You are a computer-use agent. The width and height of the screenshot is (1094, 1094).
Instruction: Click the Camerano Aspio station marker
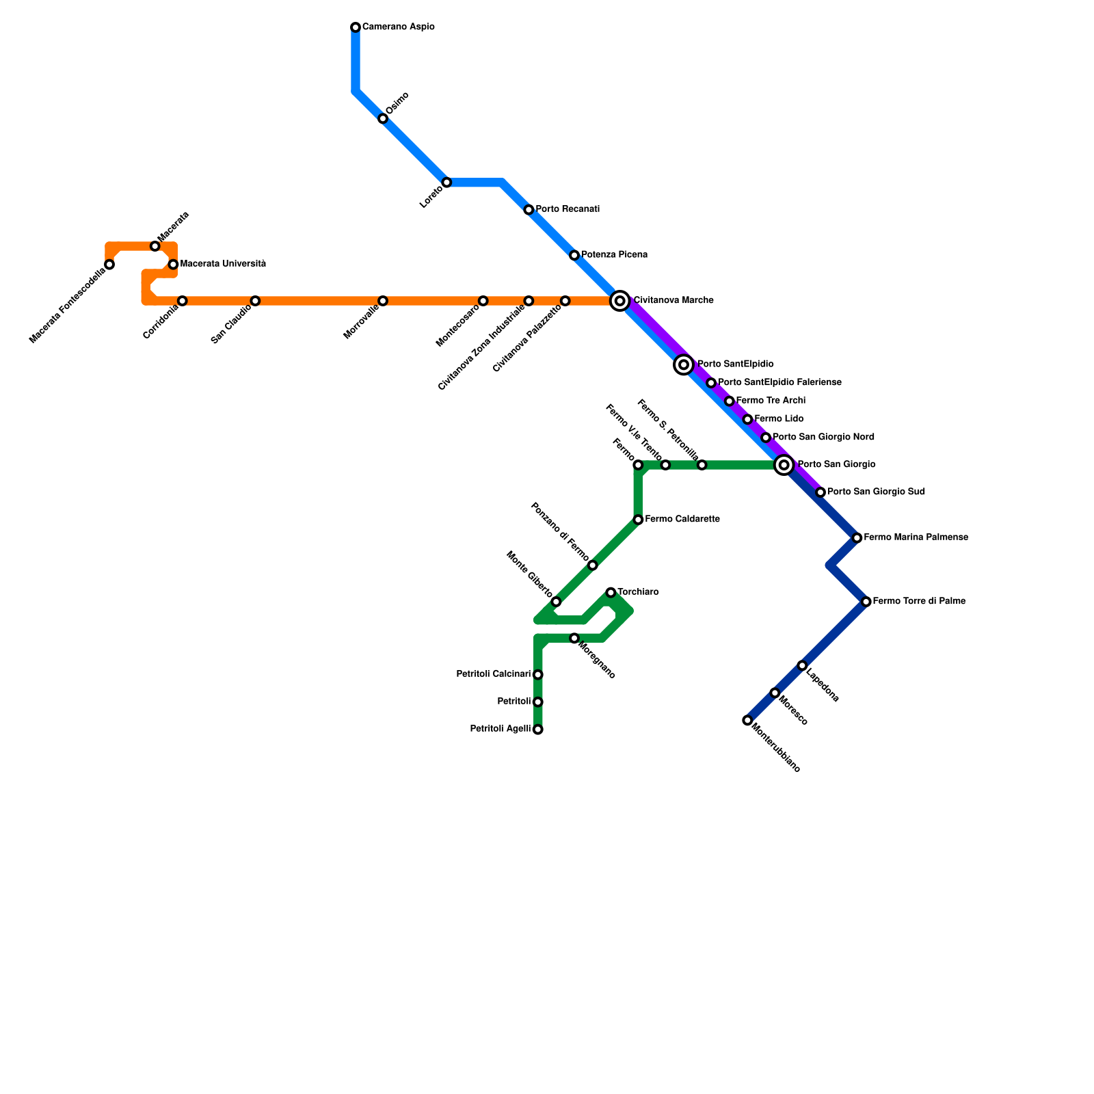tap(356, 27)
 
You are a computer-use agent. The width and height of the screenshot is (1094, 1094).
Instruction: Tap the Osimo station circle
tap(383, 119)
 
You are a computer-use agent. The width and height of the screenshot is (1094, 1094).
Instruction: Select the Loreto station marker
tap(446, 183)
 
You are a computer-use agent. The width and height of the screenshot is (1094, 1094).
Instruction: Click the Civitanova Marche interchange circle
tap(620, 301)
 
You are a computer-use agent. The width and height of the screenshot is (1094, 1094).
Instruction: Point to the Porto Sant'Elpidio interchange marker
tap(684, 364)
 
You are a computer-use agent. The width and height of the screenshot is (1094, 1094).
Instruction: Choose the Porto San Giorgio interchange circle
tap(784, 465)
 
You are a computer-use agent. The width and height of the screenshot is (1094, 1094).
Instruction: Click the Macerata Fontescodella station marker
tap(109, 265)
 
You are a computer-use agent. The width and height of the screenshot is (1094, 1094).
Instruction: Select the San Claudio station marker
tap(255, 301)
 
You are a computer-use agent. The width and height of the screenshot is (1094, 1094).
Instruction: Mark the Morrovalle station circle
tap(383, 301)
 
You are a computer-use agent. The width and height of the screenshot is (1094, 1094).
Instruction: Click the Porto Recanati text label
tap(568, 209)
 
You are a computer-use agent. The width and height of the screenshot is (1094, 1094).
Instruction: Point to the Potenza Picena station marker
tap(574, 256)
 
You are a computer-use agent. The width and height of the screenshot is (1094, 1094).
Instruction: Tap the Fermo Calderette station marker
tap(638, 520)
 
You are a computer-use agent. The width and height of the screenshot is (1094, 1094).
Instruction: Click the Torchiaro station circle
tap(611, 592)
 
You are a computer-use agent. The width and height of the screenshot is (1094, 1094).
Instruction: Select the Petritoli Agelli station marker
tap(538, 730)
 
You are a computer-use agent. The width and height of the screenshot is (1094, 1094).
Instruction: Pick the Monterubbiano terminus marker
tap(747, 720)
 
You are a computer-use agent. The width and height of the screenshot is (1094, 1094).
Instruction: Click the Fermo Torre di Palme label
tap(919, 602)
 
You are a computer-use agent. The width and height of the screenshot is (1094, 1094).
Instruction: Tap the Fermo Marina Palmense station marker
tap(857, 538)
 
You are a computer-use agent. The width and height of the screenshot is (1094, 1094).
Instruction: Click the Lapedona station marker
tap(802, 665)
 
